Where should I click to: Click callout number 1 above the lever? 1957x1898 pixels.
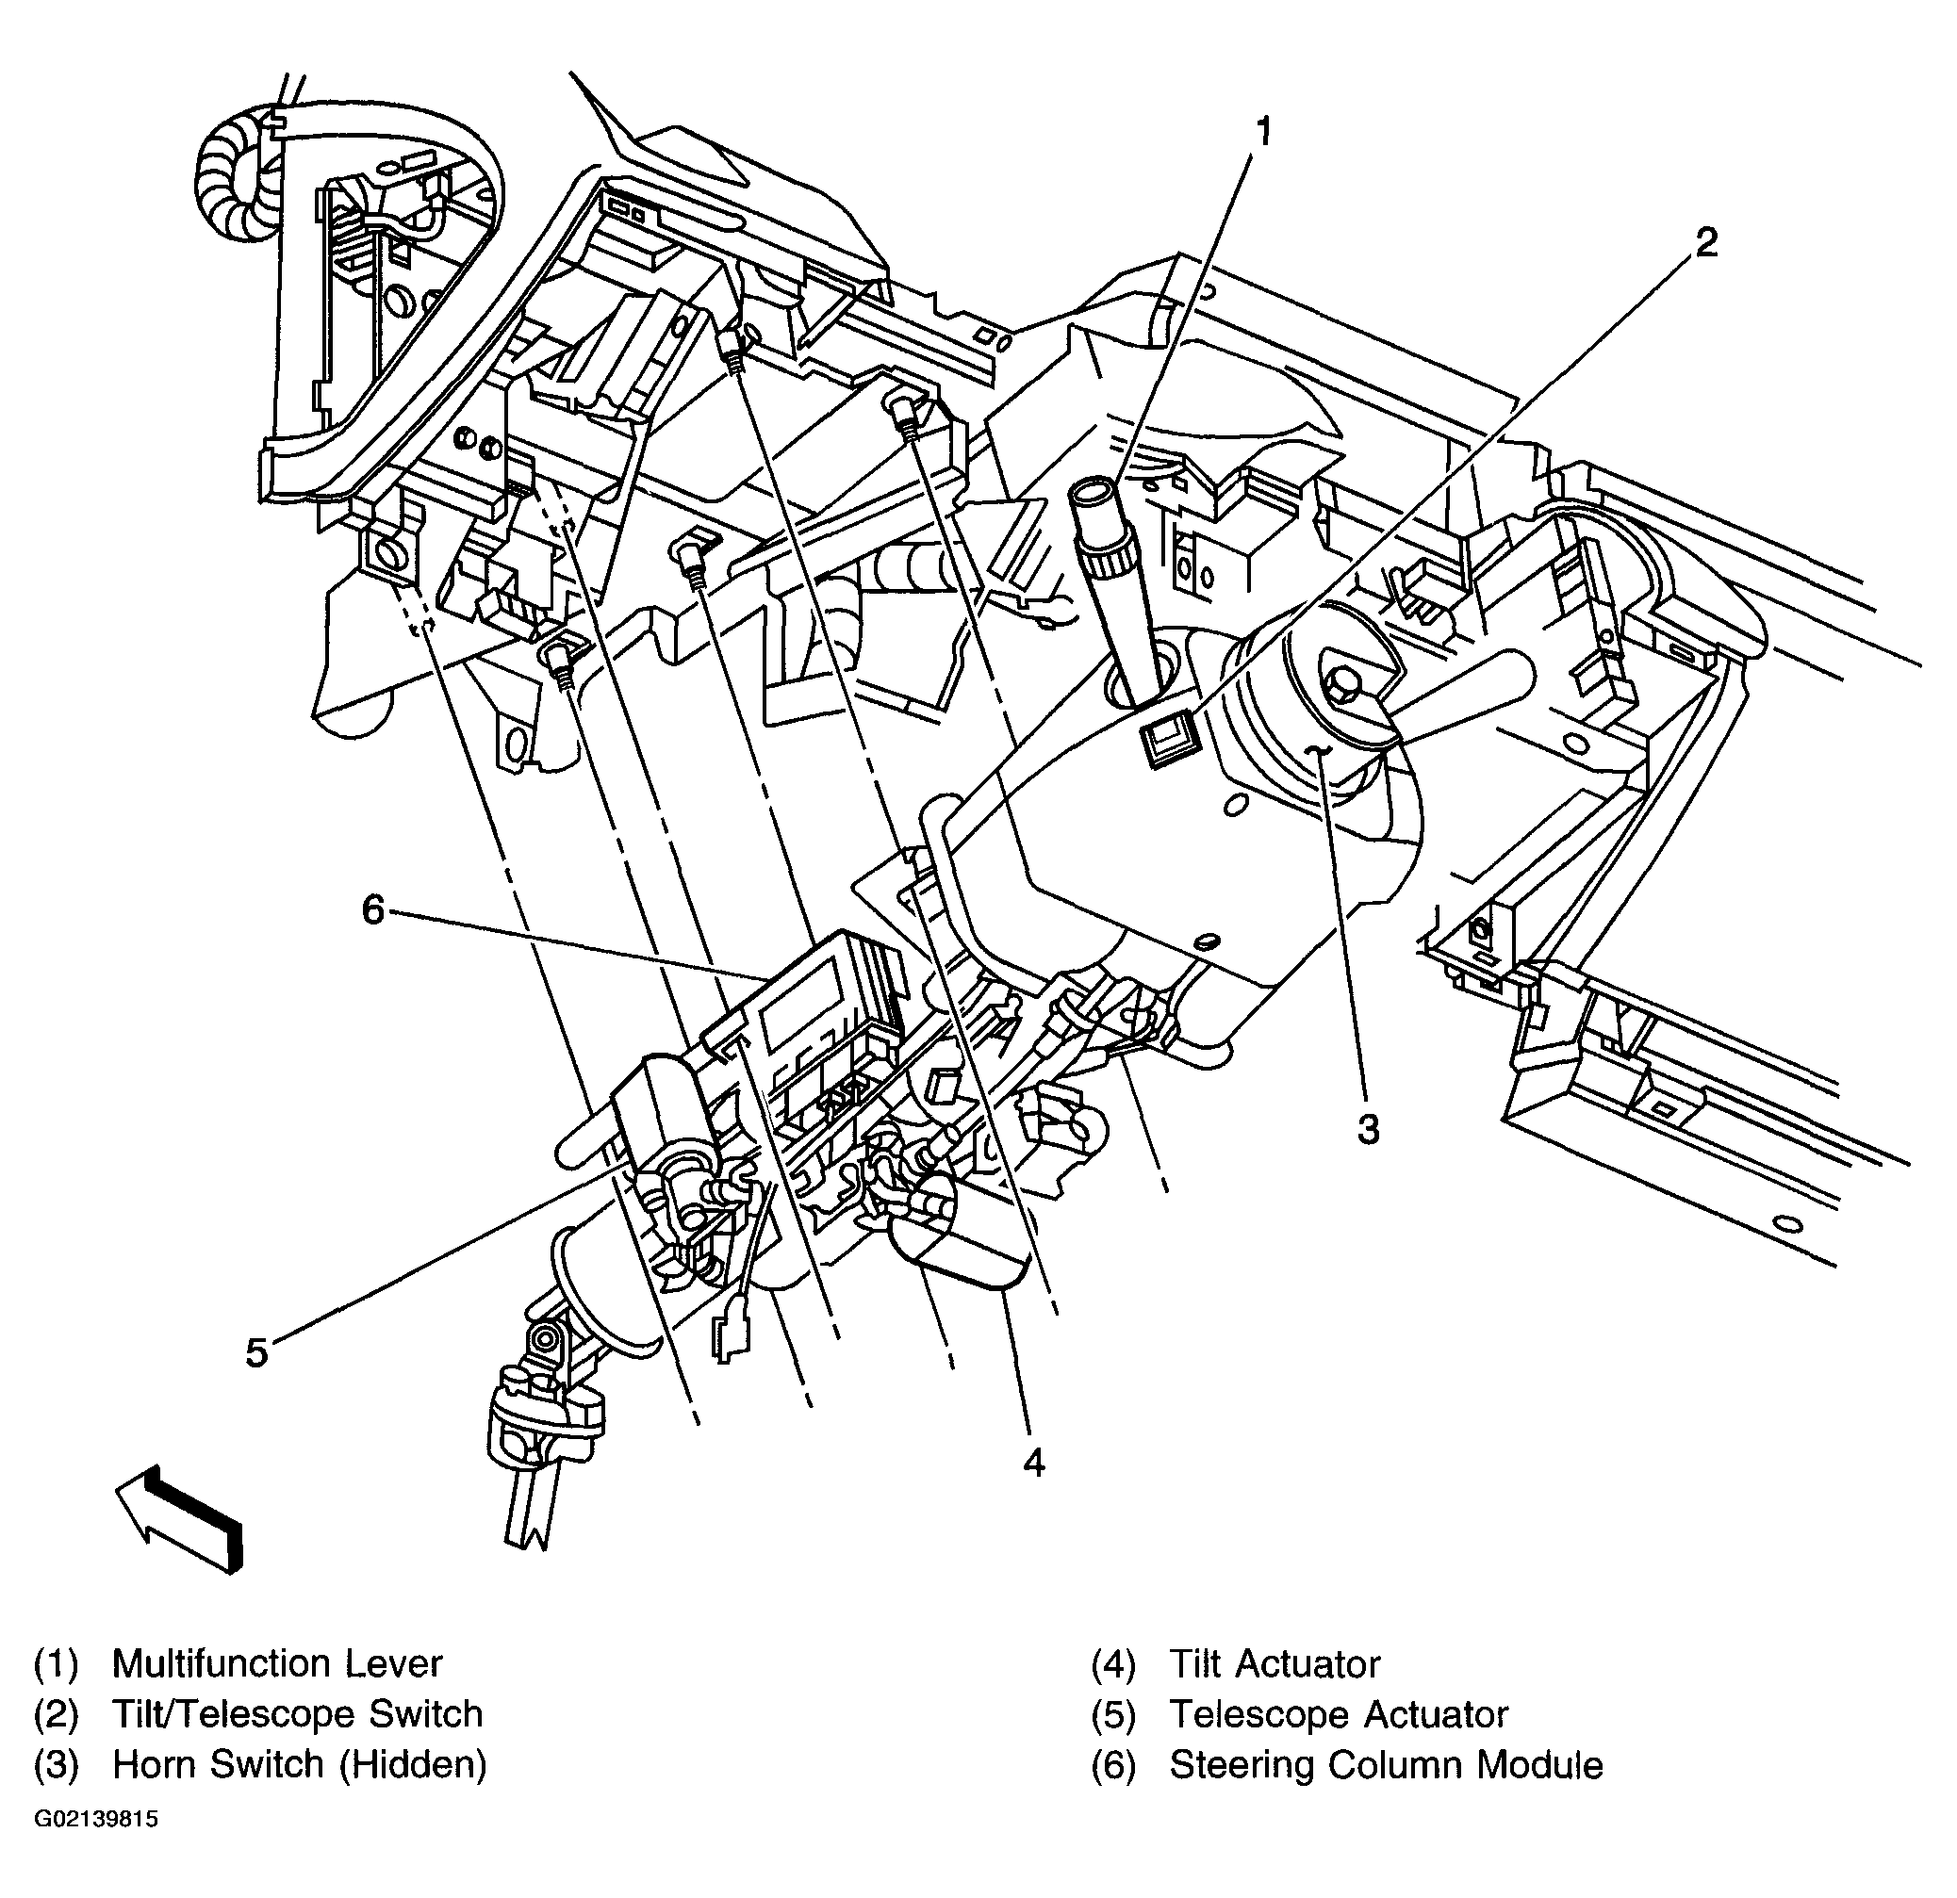[1264, 131]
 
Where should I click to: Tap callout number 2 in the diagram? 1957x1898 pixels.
[1705, 241]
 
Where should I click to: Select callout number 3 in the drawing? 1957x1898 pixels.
[1368, 1129]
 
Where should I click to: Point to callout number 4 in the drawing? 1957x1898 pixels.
[1033, 1463]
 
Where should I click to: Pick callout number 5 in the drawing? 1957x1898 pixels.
[256, 1353]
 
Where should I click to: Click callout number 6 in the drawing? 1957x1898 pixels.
[372, 909]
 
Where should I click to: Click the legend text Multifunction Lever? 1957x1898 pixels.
[276, 1663]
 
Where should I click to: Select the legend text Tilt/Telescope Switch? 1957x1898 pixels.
[298, 1714]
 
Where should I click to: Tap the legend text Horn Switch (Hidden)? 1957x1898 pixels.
[300, 1764]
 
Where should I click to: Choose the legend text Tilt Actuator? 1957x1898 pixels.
[1275, 1663]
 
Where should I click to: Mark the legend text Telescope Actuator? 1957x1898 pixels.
[1338, 1714]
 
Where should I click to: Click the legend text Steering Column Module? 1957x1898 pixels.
[1386, 1764]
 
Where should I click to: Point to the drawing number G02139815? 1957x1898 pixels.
[96, 1819]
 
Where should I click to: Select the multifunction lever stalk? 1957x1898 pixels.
[1111, 589]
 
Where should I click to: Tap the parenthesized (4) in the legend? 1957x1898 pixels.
[1112, 1664]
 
